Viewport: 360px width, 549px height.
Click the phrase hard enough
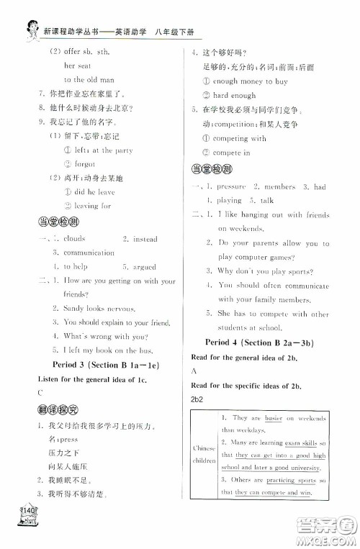(x=234, y=95)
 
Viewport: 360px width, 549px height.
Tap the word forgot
(x=74, y=164)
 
